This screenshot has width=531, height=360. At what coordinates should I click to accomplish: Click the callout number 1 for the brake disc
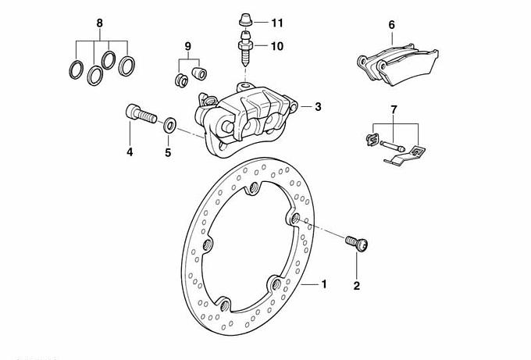(329, 285)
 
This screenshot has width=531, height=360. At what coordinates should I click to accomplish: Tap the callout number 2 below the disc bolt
(357, 286)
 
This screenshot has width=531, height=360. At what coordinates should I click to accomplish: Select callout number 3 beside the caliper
(318, 108)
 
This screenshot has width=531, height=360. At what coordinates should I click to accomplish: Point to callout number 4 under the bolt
(130, 152)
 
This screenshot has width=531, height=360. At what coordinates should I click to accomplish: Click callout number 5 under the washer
(167, 152)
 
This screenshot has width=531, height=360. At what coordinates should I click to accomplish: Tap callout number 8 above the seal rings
(99, 23)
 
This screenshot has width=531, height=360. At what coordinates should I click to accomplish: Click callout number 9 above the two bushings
(187, 47)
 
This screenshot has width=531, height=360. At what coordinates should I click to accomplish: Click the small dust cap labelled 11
(246, 20)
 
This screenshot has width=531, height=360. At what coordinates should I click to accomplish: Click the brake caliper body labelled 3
(242, 117)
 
